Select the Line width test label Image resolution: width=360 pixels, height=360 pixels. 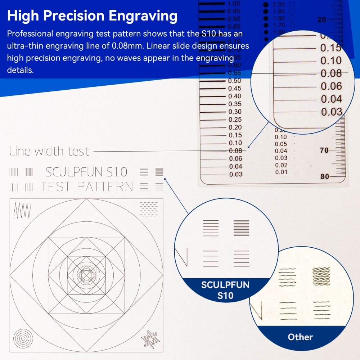pos(49,151)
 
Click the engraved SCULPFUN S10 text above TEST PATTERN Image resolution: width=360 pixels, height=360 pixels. pos(86,172)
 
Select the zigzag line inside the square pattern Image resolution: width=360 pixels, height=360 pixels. pos(22,210)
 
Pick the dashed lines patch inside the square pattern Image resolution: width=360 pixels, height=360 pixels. pos(148,209)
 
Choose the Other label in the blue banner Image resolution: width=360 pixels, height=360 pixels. pos(300,337)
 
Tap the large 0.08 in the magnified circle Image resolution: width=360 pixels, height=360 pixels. pos(331,73)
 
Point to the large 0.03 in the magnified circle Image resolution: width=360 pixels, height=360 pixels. pos(331,112)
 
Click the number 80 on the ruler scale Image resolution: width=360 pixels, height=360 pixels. pos(325,176)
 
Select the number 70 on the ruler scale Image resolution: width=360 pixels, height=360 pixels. pos(324,150)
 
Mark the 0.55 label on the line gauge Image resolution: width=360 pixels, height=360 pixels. pos(235,73)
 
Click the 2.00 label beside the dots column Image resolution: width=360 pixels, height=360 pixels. pos(279,5)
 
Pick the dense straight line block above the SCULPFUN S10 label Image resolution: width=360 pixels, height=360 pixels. pos(242,228)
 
